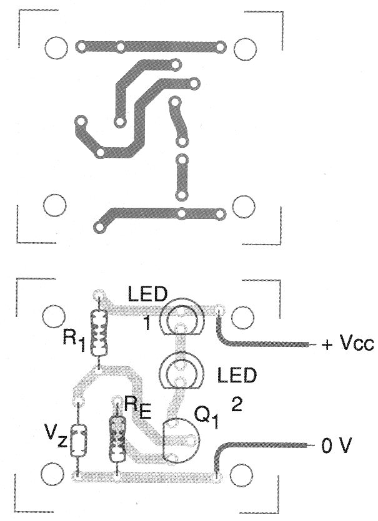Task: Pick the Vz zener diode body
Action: pos(77,440)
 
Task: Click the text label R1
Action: pos(73,339)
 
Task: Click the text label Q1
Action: pos(207,420)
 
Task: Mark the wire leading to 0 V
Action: pos(262,446)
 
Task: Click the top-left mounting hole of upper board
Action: pos(56,47)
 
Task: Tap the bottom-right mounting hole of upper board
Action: pos(242,205)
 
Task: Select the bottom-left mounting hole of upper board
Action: pos(56,203)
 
